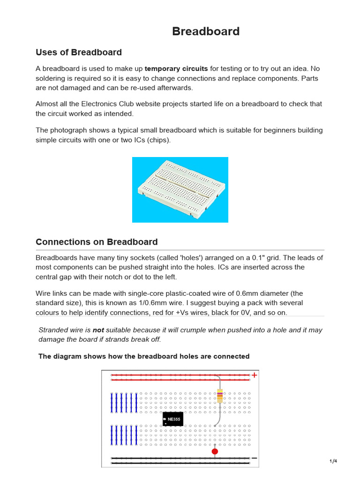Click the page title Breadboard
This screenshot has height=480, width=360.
click(x=206, y=31)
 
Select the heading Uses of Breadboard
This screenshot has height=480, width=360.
click(x=79, y=52)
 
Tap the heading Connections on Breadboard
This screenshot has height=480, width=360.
click(x=97, y=242)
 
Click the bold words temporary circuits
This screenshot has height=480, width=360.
click(x=176, y=68)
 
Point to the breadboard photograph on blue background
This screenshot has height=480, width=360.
click(x=180, y=189)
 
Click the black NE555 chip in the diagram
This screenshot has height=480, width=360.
click(x=172, y=419)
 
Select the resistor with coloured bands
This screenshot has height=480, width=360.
click(x=220, y=396)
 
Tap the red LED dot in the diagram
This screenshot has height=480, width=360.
click(x=215, y=451)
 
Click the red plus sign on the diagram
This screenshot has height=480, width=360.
click(x=255, y=375)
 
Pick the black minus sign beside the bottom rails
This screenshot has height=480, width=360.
click(x=254, y=458)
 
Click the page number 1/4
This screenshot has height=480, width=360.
click(x=333, y=461)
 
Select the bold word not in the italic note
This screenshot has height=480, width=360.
click(x=98, y=330)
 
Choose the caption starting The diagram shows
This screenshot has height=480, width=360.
click(x=144, y=356)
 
